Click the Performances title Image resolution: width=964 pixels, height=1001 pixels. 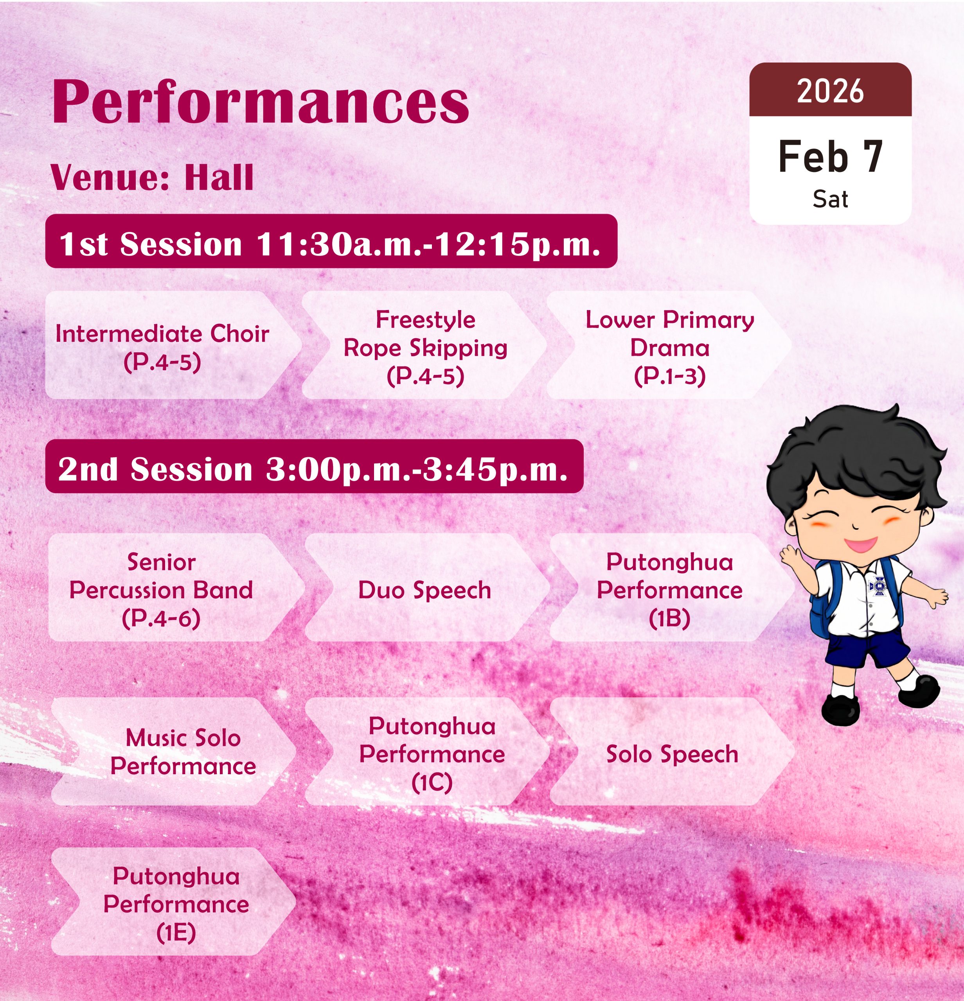[x=261, y=102]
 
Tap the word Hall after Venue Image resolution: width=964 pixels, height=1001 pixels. [x=219, y=178]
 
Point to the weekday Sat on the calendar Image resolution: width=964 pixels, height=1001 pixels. [x=830, y=199]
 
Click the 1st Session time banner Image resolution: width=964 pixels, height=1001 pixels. [x=331, y=241]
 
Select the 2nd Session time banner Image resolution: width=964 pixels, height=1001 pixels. [x=314, y=466]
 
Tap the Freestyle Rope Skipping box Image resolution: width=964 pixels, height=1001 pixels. [x=424, y=345]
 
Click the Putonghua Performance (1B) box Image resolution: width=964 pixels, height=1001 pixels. [x=672, y=587]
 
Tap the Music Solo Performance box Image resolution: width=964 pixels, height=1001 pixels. [x=174, y=751]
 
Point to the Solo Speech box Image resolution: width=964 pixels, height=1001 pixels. [x=672, y=751]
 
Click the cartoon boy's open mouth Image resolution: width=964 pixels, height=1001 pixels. [x=860, y=544]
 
